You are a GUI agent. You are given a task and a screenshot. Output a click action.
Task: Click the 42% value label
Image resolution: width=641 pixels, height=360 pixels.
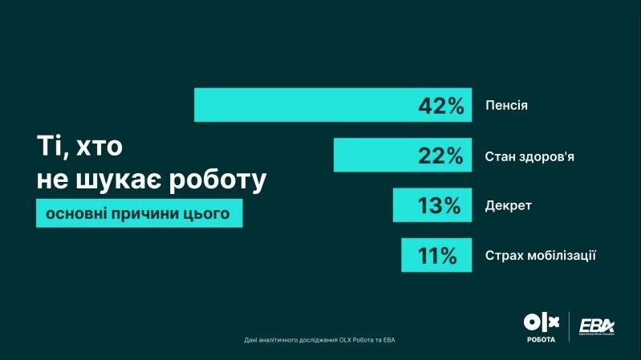pos(440,106)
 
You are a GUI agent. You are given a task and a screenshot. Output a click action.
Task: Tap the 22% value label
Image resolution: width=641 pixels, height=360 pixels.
pos(440,156)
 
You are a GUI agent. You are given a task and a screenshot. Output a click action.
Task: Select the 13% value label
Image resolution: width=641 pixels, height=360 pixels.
pos(439,206)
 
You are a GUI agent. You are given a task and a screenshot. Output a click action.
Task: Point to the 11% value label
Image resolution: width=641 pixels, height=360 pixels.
pos(437,257)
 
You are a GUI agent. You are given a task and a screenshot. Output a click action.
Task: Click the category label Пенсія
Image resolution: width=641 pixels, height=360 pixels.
pos(506,105)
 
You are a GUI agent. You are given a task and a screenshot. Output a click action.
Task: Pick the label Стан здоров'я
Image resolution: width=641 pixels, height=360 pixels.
pos(529,156)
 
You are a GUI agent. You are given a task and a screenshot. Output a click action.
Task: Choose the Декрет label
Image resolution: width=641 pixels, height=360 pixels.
pos(509,206)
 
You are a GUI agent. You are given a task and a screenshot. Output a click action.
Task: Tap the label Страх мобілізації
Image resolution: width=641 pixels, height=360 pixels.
pos(541,256)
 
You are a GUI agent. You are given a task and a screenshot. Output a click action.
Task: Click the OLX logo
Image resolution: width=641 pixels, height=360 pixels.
pos(540,322)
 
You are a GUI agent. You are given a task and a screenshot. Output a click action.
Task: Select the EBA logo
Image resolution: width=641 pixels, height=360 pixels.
pos(597,325)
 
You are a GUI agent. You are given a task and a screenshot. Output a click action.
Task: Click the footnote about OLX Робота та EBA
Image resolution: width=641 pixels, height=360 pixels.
pos(319,340)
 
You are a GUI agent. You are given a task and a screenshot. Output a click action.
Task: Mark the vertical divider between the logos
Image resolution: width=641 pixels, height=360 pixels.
pos(569,326)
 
